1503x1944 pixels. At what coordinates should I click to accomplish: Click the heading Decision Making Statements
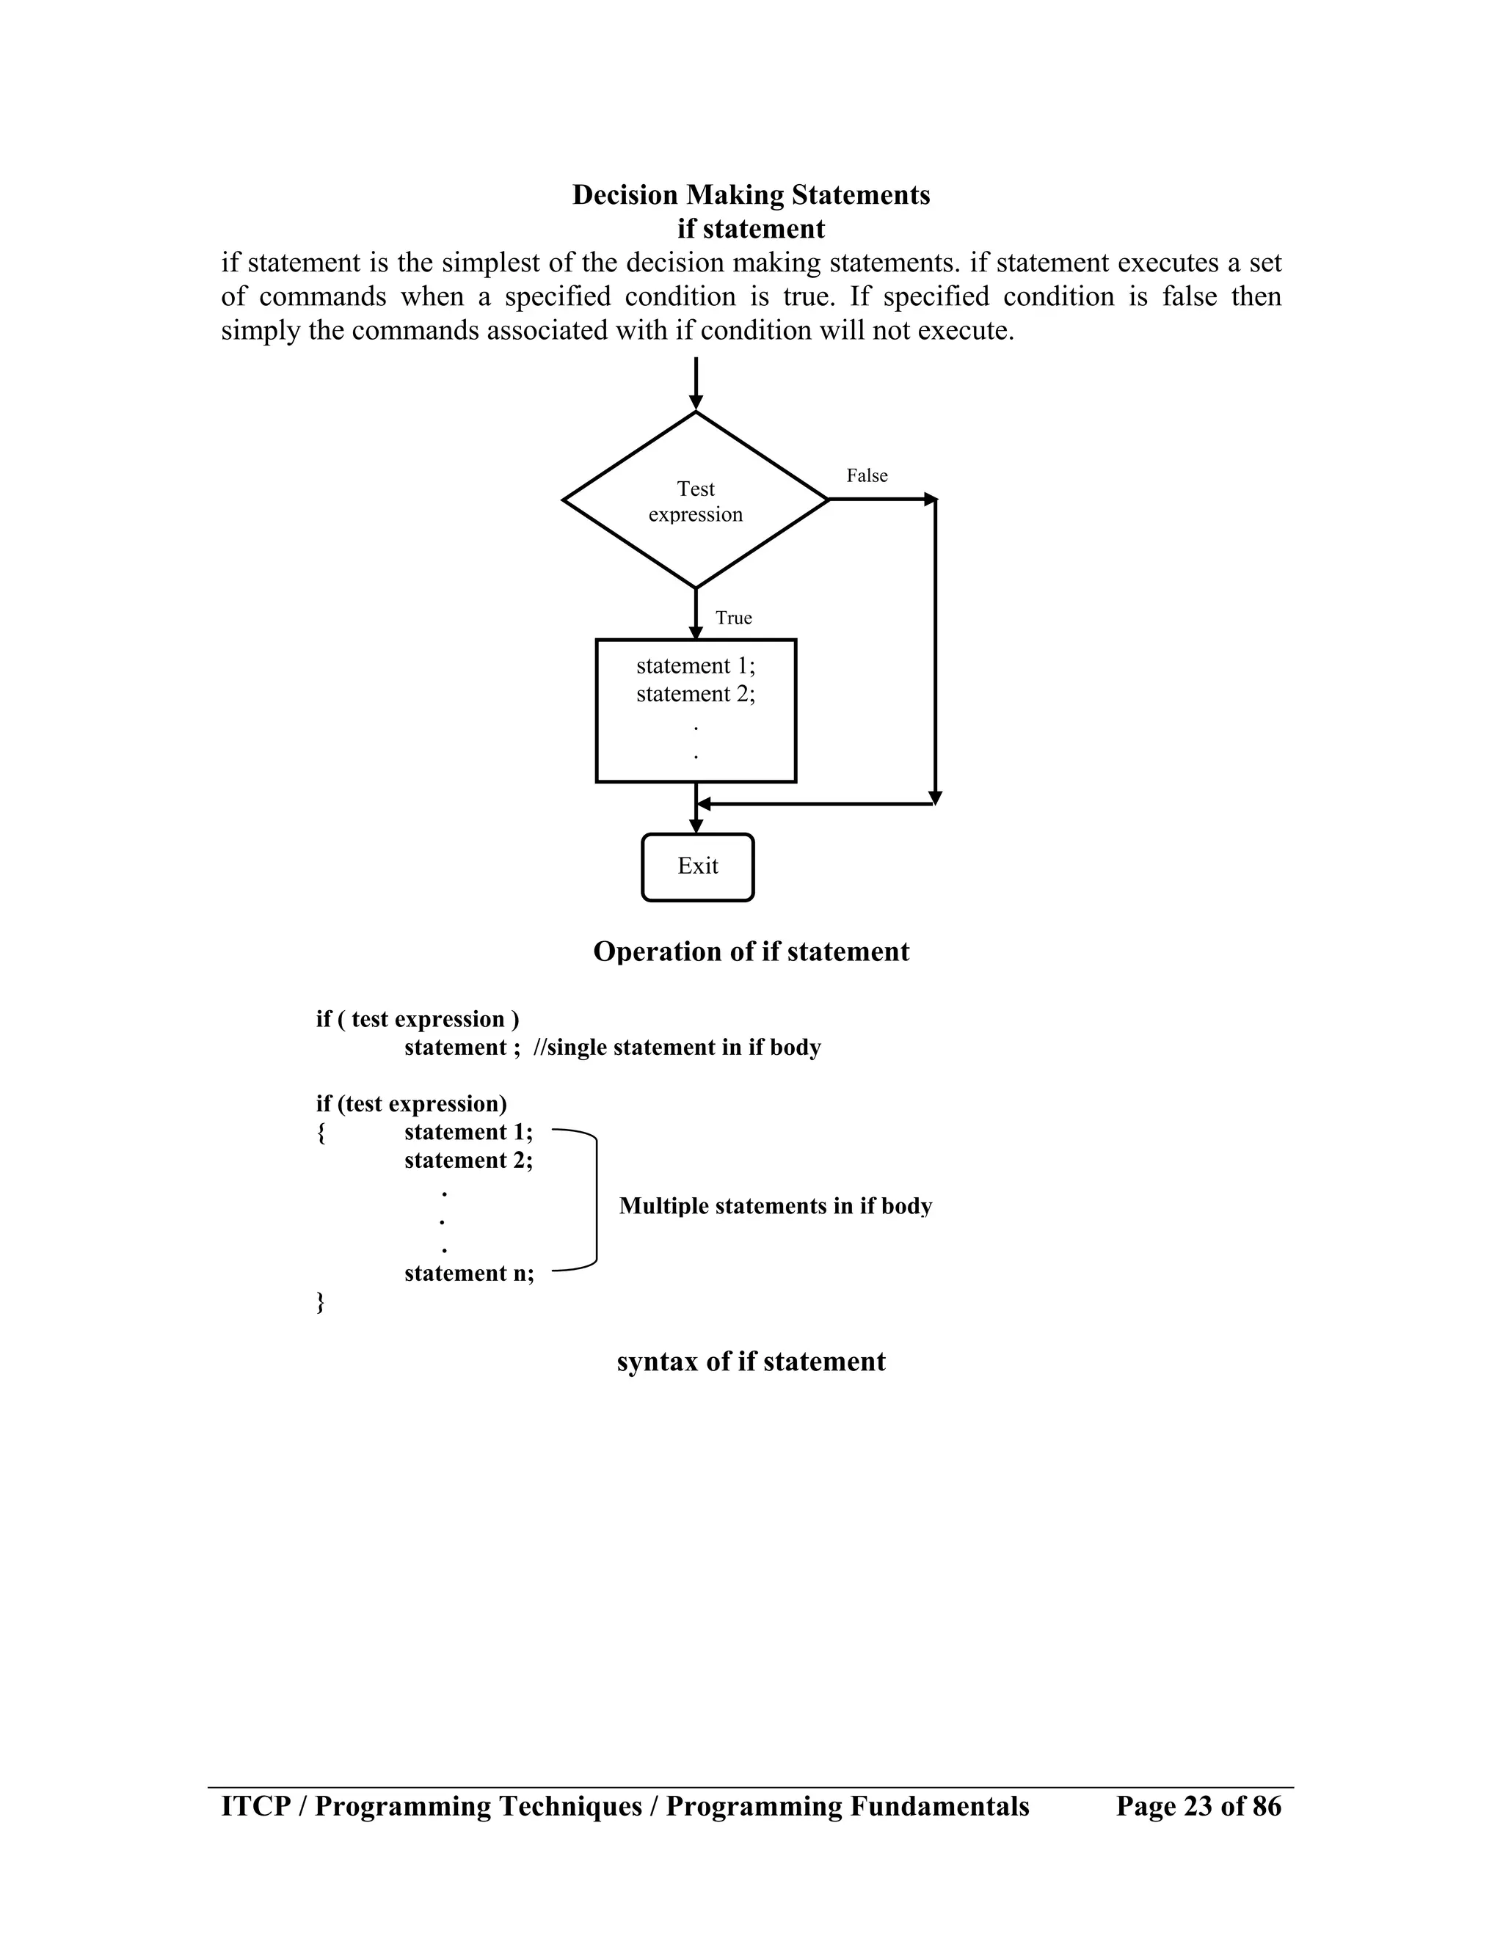click(751, 195)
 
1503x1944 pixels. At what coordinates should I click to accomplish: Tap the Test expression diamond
click(696, 500)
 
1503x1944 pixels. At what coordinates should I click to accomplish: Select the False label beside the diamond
click(867, 475)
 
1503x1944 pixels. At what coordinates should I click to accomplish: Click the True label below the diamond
click(733, 618)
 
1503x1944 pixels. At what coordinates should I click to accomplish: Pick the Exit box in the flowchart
click(697, 867)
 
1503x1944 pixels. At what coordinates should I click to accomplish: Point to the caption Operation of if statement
click(751, 951)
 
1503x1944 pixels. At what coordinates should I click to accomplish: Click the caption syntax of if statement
click(751, 1361)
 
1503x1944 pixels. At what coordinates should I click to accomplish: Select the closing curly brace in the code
click(321, 1302)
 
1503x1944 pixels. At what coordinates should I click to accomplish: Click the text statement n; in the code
click(469, 1273)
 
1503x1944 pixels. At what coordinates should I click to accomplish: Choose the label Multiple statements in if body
click(775, 1206)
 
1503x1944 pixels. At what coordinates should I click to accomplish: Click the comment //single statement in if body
click(677, 1047)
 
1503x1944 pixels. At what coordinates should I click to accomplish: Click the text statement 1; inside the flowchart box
click(696, 666)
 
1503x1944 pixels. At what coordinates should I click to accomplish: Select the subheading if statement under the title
click(751, 229)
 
